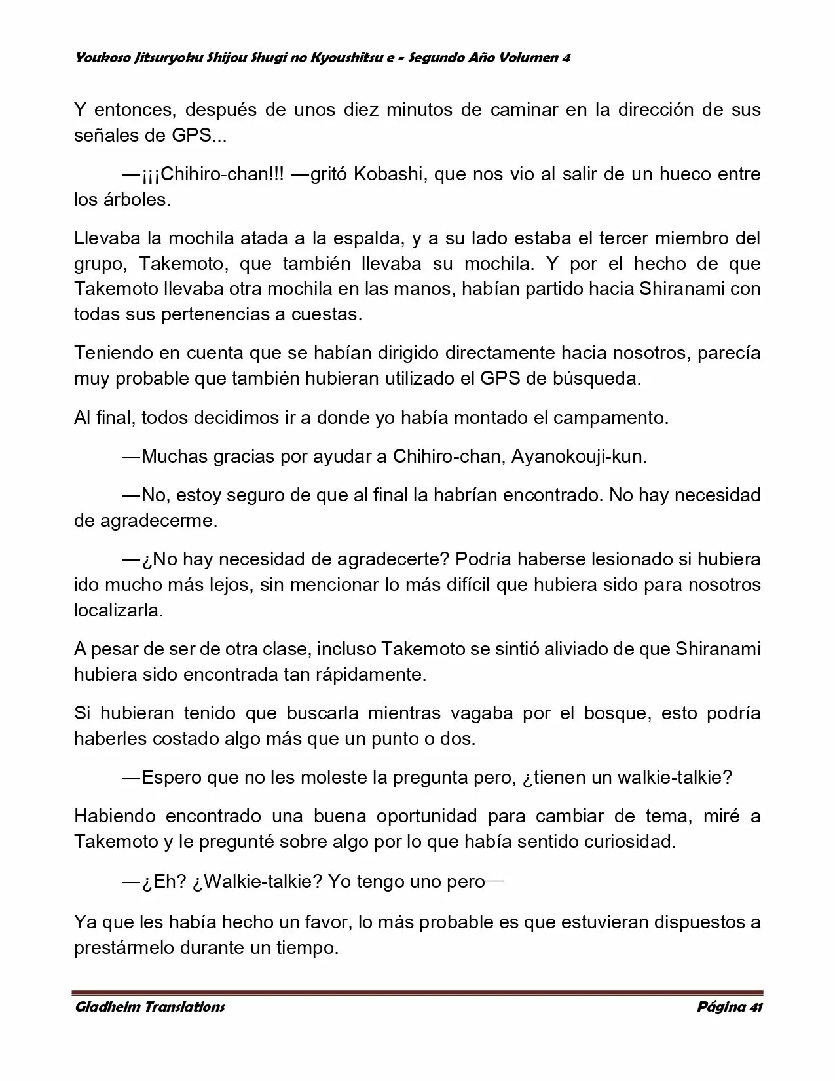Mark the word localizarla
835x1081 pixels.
coord(119,611)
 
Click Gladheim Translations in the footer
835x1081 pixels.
coord(150,1007)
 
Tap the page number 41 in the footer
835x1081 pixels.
coord(755,1007)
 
